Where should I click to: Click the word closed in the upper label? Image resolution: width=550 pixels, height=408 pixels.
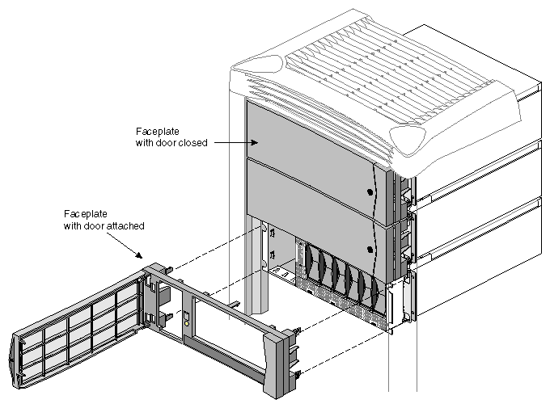tap(195, 142)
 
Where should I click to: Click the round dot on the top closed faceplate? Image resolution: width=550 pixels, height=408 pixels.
tap(370, 192)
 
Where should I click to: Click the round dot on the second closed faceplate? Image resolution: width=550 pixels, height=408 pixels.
tap(370, 248)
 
